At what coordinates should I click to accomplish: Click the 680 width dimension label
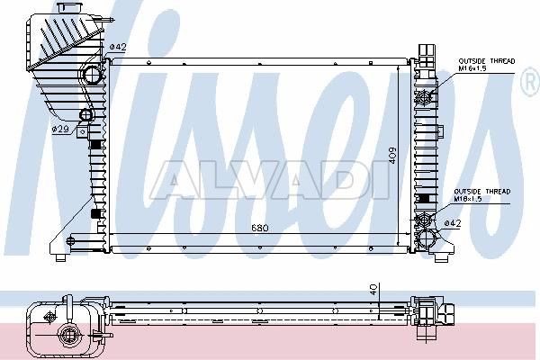click(x=260, y=228)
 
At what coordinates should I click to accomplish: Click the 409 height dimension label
click(x=391, y=156)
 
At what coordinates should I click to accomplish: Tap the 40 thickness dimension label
click(x=374, y=289)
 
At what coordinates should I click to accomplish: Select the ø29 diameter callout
click(x=60, y=130)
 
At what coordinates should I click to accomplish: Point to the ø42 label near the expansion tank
click(x=118, y=47)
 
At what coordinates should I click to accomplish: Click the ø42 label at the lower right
click(x=452, y=223)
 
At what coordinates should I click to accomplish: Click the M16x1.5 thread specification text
click(x=472, y=68)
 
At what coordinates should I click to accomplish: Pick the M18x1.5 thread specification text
click(x=468, y=199)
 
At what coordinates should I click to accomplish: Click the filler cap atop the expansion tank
click(x=70, y=7)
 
